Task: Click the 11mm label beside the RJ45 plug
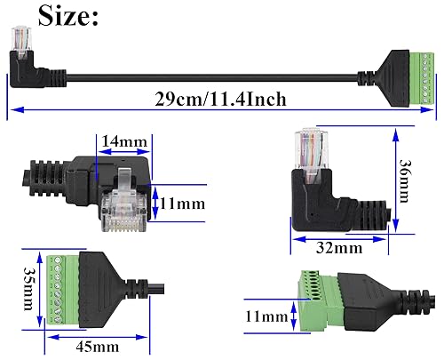(x=182, y=204)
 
